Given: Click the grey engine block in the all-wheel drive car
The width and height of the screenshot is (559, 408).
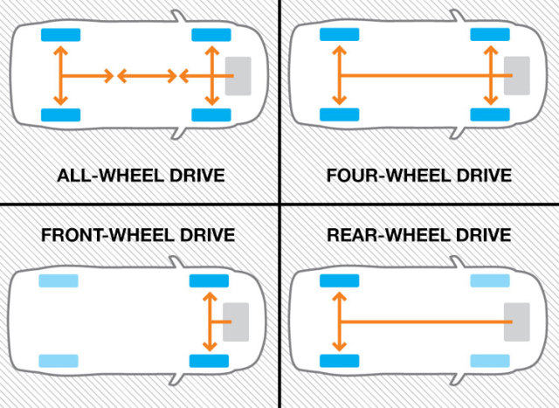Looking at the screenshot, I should pos(238,76).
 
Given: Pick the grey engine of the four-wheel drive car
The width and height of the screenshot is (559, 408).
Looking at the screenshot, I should pos(517,76).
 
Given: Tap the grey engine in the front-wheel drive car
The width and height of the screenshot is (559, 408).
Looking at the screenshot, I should pos(238,322).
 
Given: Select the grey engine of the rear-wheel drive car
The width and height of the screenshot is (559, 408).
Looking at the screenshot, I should pos(517,322).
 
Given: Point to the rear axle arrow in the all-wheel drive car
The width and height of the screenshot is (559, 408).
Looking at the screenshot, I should pos(60,76).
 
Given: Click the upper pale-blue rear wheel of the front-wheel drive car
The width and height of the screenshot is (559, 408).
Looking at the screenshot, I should pos(59,280).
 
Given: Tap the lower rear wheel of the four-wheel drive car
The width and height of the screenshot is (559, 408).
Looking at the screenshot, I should pos(340,114).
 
